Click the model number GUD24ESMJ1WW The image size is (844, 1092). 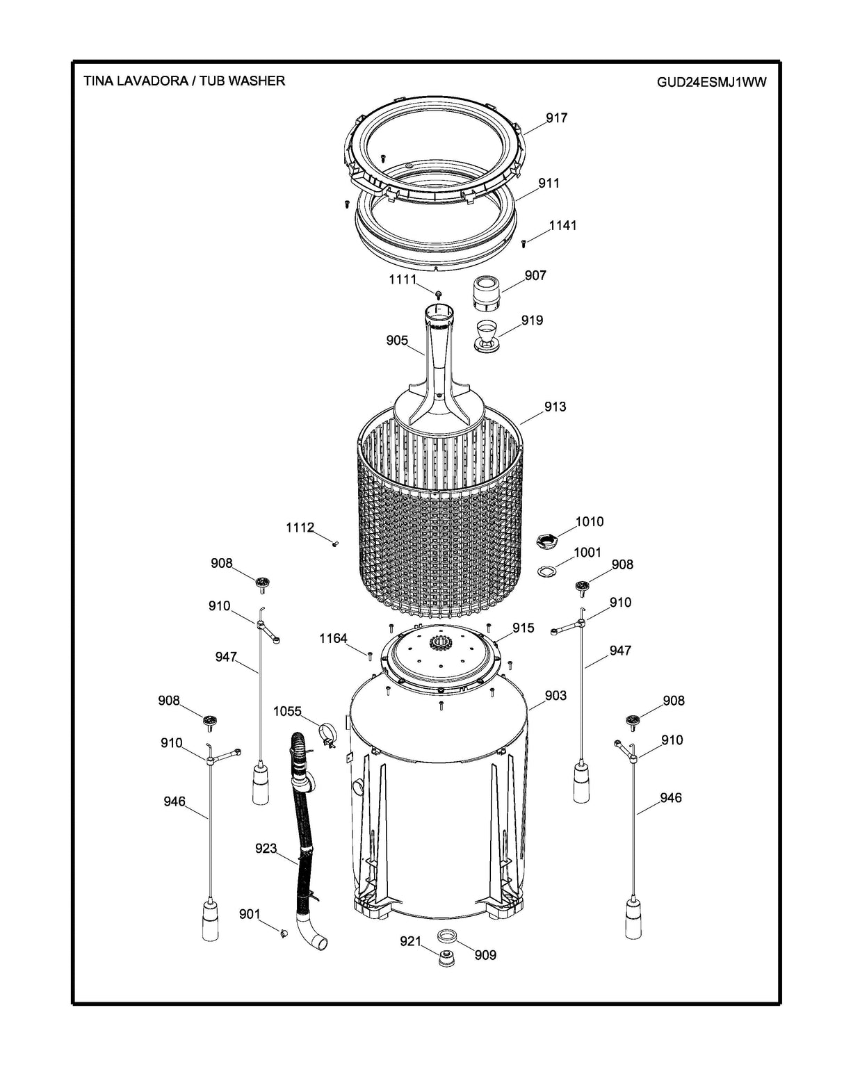(711, 82)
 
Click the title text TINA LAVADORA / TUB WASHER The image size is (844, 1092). (184, 81)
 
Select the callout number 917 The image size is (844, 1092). (556, 118)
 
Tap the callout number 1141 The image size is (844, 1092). (562, 226)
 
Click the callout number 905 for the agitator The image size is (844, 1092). (397, 341)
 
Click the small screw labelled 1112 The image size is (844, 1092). (335, 544)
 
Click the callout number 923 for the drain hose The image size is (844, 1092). (266, 849)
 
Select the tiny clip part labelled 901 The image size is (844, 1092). (284, 932)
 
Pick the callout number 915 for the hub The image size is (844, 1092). (524, 628)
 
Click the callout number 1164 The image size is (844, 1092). (333, 638)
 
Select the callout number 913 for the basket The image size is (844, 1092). (555, 407)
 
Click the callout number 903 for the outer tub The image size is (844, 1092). (555, 695)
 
